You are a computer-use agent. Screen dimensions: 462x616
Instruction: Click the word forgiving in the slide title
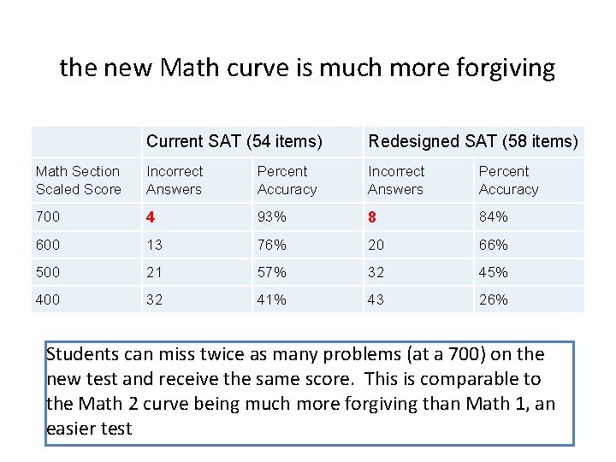pos(511,68)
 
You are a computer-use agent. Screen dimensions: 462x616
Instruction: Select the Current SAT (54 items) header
pos(234,141)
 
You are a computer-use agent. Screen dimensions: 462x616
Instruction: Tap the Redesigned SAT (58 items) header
pos(472,141)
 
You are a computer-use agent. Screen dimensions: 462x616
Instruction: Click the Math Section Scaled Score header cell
pos(79,181)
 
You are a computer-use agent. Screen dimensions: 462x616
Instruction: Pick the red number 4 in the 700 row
pos(151,217)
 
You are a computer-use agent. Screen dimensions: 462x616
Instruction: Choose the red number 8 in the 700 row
pos(372,217)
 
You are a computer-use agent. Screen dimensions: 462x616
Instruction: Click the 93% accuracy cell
pos(272,217)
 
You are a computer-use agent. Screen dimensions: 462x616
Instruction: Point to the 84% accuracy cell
pos(494,217)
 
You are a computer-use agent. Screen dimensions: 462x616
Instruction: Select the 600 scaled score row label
pos(48,245)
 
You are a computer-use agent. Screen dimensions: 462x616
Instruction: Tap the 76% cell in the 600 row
pos(272,245)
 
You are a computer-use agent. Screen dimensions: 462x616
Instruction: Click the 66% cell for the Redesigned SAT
pos(494,245)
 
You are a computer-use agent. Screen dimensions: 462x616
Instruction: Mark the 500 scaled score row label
pos(48,272)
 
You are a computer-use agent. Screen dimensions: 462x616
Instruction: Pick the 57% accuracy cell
pos(272,272)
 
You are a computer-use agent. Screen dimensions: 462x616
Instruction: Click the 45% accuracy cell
pos(494,272)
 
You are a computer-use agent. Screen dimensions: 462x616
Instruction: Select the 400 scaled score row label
pos(48,299)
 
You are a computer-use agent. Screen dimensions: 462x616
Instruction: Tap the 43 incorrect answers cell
pos(376,299)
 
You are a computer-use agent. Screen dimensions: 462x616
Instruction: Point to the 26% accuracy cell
pos(494,299)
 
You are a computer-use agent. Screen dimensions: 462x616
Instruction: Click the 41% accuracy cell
pos(272,299)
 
